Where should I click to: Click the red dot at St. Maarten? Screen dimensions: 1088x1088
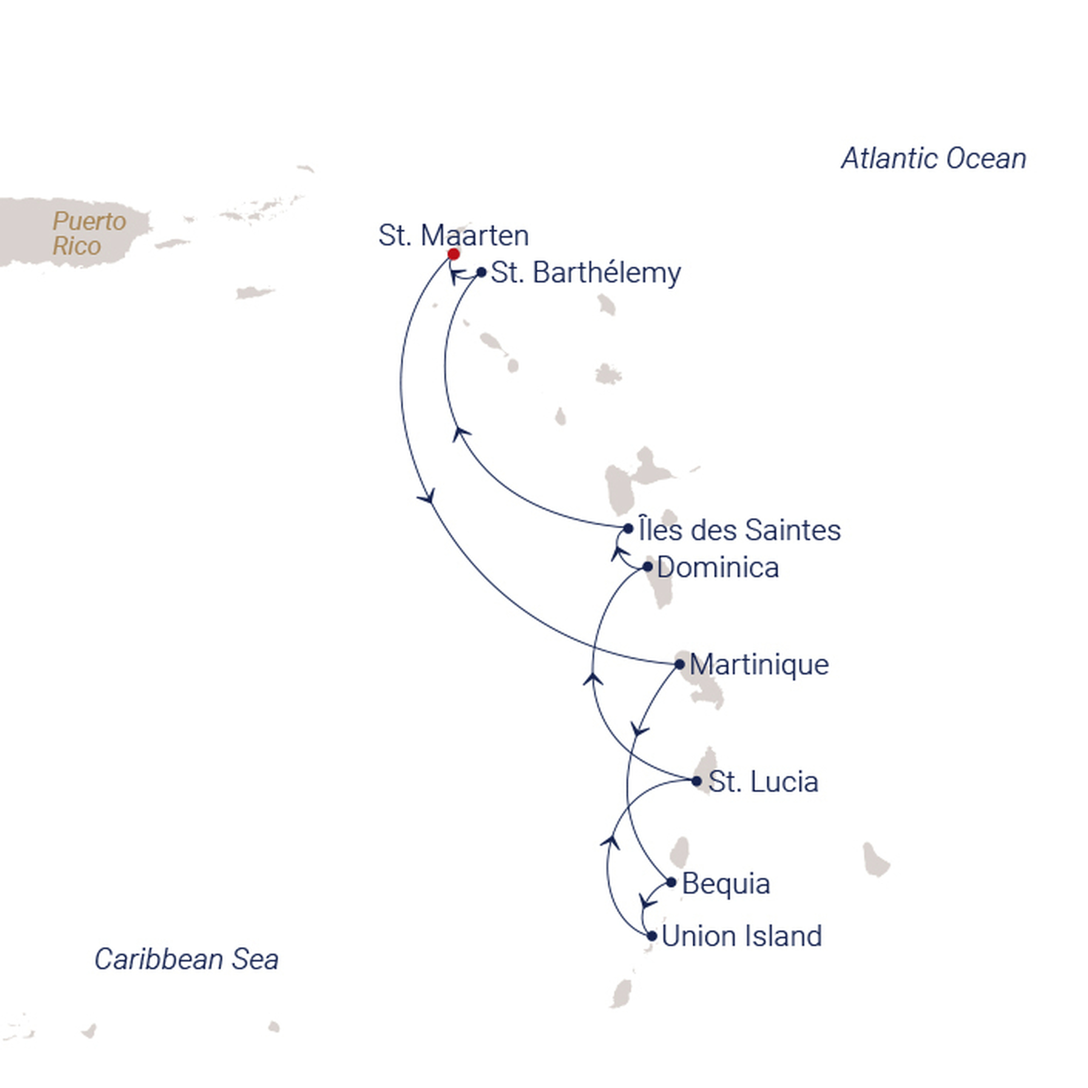tap(453, 254)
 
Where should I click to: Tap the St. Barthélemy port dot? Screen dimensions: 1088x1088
tap(481, 272)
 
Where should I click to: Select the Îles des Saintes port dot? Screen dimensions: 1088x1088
tap(628, 529)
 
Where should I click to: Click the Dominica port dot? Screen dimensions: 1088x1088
tap(648, 567)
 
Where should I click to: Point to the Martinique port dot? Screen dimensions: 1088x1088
tap(680, 665)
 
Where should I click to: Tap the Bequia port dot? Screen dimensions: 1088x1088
tap(671, 883)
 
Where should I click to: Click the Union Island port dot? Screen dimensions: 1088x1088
tap(652, 936)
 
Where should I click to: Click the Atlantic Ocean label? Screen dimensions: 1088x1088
tap(933, 159)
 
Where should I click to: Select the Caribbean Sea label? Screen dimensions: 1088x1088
tap(186, 959)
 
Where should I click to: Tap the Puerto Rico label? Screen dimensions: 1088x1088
tap(88, 234)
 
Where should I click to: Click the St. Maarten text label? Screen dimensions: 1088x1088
tap(453, 235)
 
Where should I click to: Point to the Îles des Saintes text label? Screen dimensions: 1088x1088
tap(739, 530)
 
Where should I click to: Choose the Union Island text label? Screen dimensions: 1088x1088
tap(742, 937)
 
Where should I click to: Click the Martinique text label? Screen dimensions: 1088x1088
tap(759, 665)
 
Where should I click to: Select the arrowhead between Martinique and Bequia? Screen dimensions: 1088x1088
tap(639, 730)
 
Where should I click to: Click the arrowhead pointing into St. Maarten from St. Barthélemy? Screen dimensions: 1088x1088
tap(456, 276)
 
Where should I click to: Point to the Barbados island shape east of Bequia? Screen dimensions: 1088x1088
tap(875, 860)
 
